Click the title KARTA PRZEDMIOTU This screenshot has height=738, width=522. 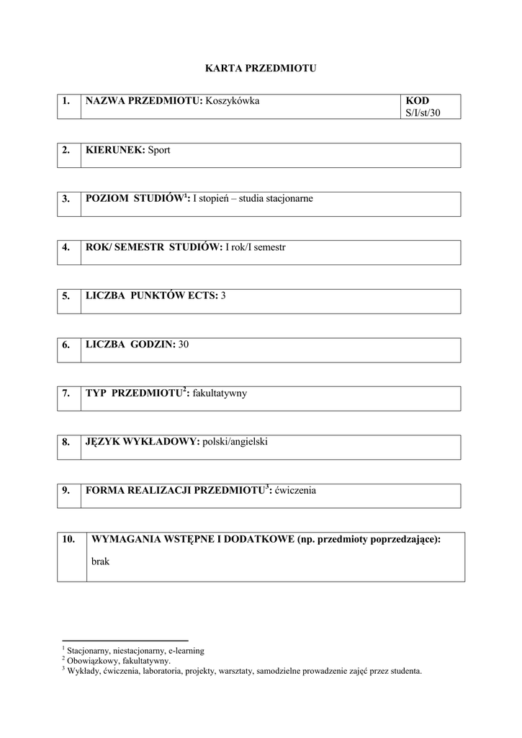pos(261,68)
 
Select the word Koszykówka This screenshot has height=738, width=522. pos(232,101)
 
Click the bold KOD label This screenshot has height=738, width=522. pos(417,101)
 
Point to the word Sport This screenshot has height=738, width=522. pos(159,150)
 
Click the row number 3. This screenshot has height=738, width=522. pos(66,199)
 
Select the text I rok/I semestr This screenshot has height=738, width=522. pos(256,246)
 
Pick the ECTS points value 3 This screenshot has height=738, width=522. pos(223,295)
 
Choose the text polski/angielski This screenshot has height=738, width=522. pos(235,442)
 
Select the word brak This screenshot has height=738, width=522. pos(101,561)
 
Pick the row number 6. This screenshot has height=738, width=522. pos(66,344)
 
